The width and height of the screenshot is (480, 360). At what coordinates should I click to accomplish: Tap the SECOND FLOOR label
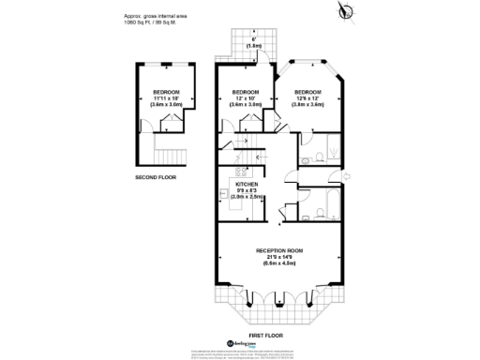(155, 176)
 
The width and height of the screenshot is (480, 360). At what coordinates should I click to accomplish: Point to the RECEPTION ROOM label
(280, 250)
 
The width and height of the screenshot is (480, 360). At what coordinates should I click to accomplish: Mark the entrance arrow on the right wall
(346, 174)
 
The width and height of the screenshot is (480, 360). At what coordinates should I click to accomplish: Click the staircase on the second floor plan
(167, 155)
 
